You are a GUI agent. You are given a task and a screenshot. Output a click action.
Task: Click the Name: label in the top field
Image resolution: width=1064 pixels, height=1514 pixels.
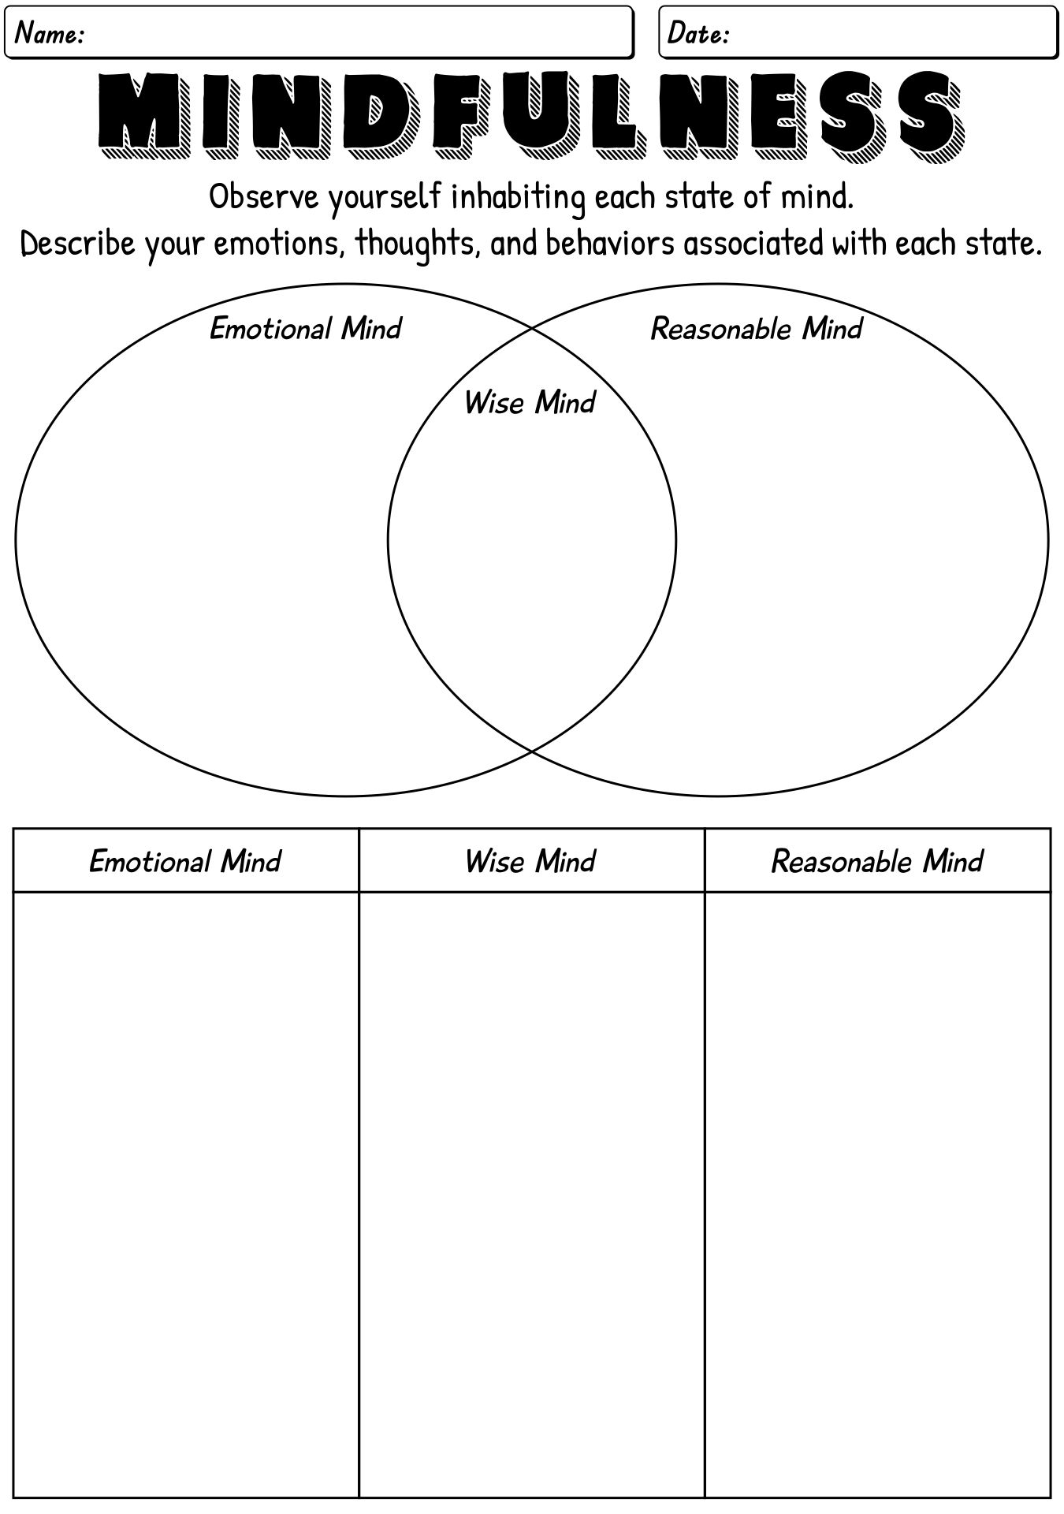pos(50,34)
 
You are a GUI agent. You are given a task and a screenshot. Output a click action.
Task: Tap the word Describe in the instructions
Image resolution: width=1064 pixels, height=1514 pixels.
pos(78,244)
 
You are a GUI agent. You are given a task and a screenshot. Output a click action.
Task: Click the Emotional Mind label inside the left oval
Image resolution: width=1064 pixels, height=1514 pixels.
pos(306,328)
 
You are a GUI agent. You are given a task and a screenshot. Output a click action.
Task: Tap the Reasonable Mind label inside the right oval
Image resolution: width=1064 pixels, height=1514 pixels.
pos(757,328)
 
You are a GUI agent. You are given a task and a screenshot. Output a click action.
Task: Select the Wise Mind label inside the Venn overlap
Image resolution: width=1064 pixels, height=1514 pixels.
pos(530,402)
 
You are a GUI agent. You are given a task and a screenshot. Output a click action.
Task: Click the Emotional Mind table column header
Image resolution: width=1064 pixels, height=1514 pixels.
pos(185,860)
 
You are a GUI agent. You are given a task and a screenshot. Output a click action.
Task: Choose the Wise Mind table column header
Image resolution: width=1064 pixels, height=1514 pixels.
pos(530,860)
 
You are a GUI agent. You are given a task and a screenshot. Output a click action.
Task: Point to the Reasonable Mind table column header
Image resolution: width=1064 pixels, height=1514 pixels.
pos(877,860)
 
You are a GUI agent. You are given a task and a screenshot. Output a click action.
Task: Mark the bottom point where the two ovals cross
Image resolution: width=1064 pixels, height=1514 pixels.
pos(532,751)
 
